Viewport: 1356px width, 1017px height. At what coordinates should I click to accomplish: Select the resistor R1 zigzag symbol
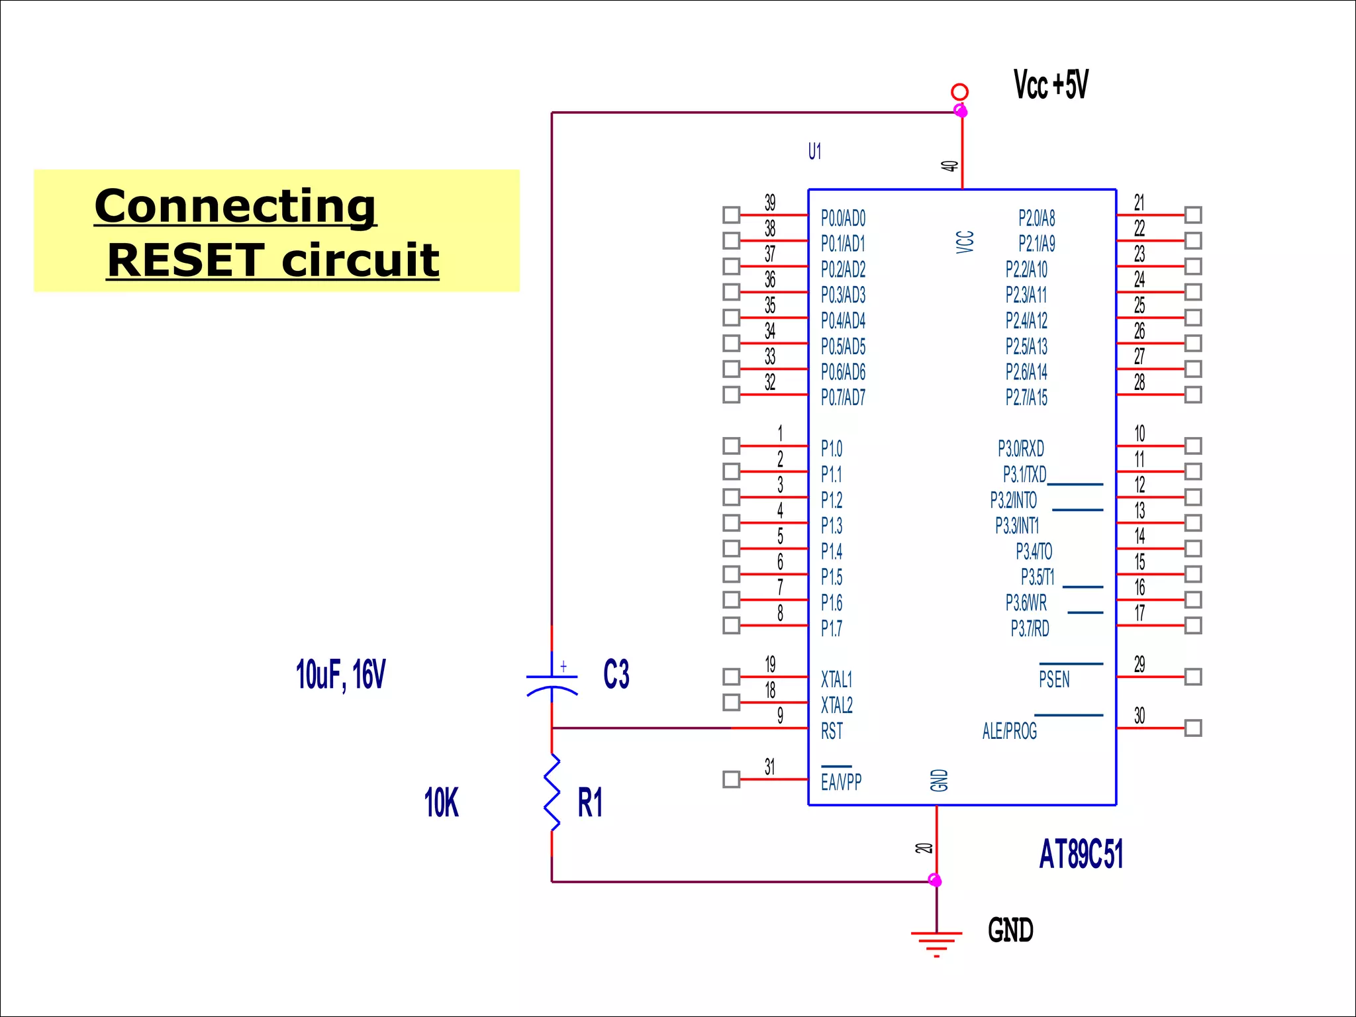point(552,792)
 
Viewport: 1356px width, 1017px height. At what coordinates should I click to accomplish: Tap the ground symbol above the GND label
point(936,941)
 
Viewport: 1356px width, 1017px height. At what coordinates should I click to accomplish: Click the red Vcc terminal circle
point(959,91)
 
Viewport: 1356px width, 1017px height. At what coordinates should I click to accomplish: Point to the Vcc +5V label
point(1051,85)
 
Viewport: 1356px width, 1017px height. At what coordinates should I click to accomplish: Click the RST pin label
point(832,731)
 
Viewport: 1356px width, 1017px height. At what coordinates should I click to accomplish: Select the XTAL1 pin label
point(836,679)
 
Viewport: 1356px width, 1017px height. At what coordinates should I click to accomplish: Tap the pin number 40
point(949,166)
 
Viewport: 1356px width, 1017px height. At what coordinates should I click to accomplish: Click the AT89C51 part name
point(1081,853)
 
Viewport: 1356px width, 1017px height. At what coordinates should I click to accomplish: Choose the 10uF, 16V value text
point(340,675)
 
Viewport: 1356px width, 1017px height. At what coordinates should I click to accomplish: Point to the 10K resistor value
point(441,802)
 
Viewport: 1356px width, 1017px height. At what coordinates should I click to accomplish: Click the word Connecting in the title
point(235,206)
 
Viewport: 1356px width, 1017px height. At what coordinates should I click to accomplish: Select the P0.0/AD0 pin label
point(843,218)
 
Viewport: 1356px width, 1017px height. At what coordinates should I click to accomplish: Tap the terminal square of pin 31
point(731,779)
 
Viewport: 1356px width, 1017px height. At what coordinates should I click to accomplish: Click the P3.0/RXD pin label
point(1020,448)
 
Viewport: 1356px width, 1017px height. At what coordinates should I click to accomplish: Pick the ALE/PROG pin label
point(1009,731)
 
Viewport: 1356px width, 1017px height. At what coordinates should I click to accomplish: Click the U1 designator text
point(814,152)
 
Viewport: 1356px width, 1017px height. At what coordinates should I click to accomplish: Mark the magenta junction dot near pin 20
point(935,880)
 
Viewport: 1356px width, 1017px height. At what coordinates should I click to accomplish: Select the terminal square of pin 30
point(1192,728)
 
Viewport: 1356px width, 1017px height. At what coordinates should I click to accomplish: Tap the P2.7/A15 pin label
point(1026,397)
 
